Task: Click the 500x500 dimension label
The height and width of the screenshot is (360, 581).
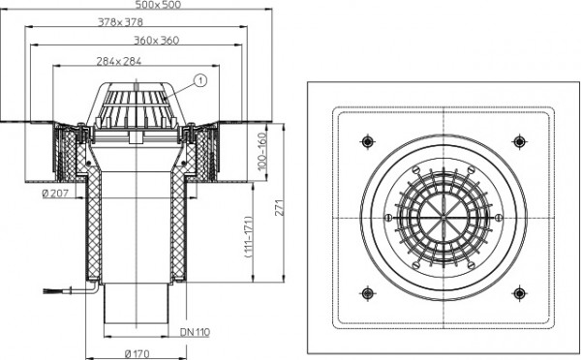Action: click(x=158, y=5)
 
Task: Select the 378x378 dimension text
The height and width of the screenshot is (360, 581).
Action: click(x=120, y=22)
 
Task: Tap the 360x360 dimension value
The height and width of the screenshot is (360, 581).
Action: click(x=156, y=40)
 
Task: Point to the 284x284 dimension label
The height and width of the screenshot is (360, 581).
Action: click(x=119, y=61)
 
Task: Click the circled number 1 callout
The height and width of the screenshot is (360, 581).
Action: click(x=200, y=80)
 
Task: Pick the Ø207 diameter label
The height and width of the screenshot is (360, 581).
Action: click(x=55, y=194)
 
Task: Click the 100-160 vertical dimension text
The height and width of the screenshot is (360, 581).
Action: click(x=262, y=152)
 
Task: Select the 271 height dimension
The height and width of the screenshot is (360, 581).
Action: click(x=280, y=208)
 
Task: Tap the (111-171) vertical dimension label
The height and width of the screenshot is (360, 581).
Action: click(x=249, y=237)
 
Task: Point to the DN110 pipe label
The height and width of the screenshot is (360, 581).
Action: click(x=195, y=332)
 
